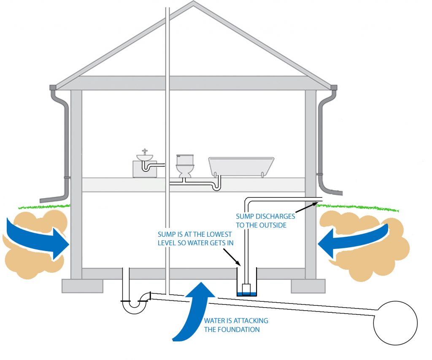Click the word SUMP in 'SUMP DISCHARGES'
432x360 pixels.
tap(245, 217)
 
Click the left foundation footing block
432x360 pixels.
tap(82, 286)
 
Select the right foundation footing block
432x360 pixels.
tap(308, 286)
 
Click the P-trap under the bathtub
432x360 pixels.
tap(217, 185)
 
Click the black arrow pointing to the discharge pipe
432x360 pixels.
tap(306, 206)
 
